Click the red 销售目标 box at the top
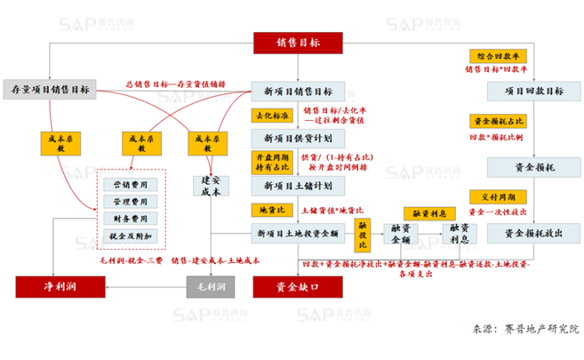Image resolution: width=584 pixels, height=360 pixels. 298,42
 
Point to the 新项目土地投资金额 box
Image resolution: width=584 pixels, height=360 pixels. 298,233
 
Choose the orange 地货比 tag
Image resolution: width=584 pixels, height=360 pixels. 265,211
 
